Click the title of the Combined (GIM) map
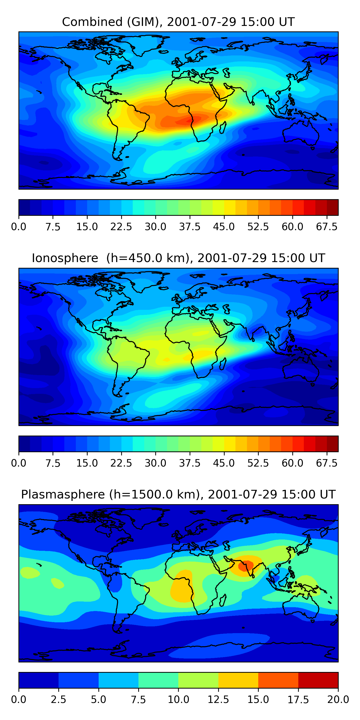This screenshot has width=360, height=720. (x=178, y=22)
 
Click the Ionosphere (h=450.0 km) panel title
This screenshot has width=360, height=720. (x=178, y=258)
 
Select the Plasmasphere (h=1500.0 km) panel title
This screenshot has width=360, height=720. (x=178, y=494)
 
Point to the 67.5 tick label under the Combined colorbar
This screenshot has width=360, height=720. (x=327, y=227)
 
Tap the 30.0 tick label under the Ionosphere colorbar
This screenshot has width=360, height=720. (x=156, y=463)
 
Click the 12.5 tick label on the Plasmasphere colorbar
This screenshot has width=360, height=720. (x=218, y=699)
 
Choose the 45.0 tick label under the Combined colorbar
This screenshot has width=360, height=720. (x=224, y=227)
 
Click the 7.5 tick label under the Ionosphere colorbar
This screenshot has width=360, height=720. (x=53, y=463)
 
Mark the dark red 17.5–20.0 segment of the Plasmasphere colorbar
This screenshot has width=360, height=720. (x=318, y=680)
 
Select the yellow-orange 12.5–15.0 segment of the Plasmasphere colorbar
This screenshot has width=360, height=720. (x=238, y=680)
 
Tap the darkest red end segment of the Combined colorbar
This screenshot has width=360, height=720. (x=333, y=207)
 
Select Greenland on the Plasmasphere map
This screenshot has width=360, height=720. (x=148, y=517)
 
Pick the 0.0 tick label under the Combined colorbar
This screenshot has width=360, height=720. (x=19, y=227)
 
